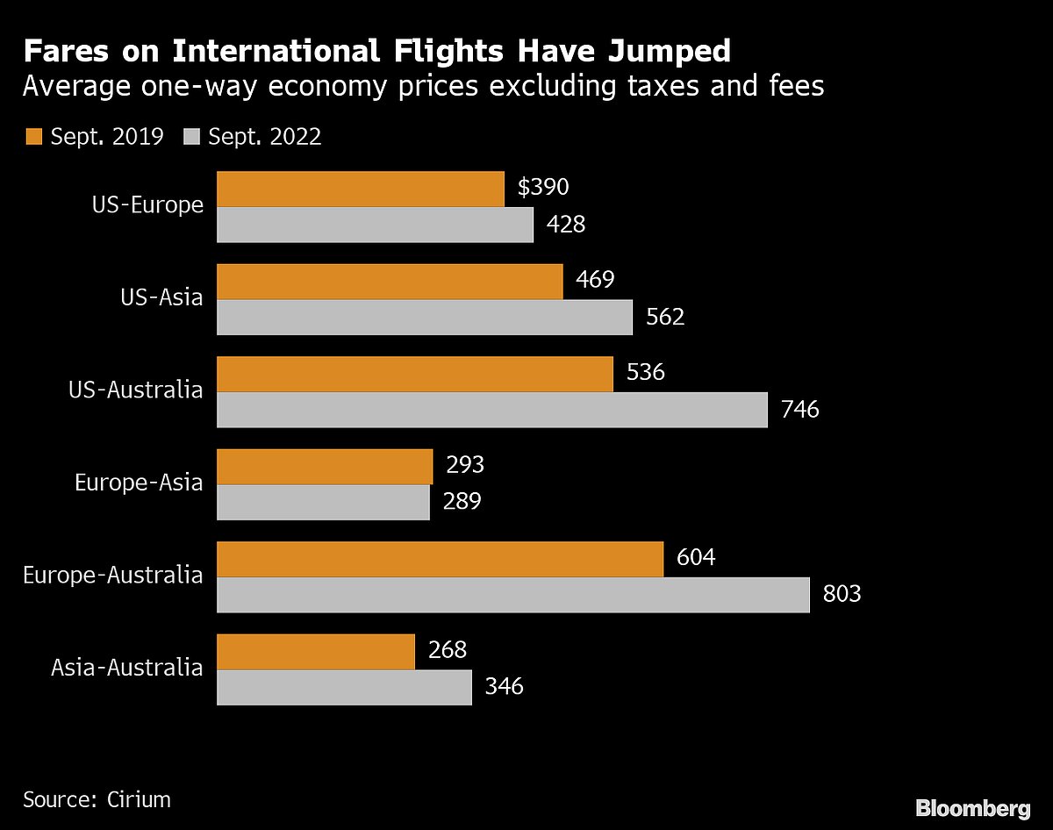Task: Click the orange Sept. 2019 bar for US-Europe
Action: [x=360, y=189]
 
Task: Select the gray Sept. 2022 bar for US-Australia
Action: [x=491, y=410]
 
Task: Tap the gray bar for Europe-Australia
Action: [x=512, y=595]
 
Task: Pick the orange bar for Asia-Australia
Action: [x=315, y=652]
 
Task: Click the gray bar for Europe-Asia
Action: [x=323, y=502]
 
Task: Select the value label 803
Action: [x=842, y=594]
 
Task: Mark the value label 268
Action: [x=447, y=650]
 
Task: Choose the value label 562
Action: [x=664, y=317]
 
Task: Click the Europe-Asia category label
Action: [x=139, y=483]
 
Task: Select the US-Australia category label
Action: [x=135, y=390]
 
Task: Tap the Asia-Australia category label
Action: [x=126, y=667]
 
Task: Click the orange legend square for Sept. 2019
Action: [x=34, y=137]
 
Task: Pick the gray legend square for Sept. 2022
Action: [x=192, y=137]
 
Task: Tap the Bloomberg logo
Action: [x=972, y=808]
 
